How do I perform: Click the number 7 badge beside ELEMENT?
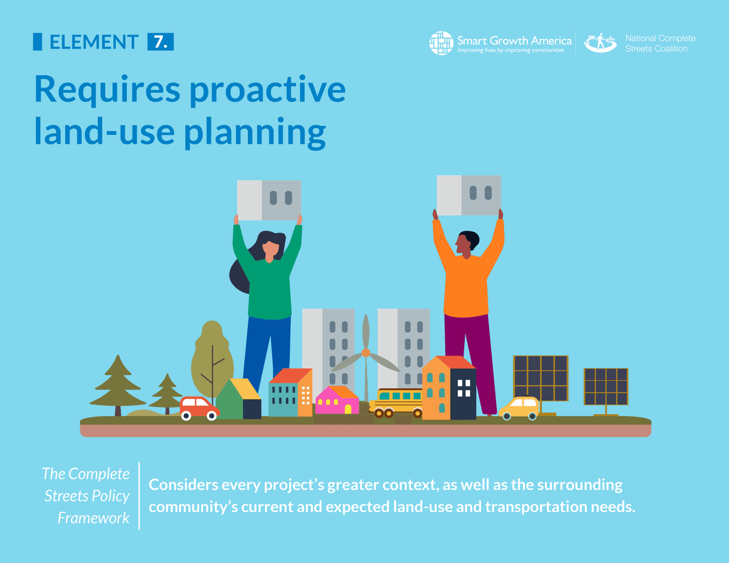[x=160, y=42]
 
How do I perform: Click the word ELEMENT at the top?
[x=94, y=42]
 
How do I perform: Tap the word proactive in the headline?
[x=267, y=89]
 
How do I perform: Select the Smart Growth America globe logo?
[x=441, y=43]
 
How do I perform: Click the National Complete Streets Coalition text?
[x=660, y=43]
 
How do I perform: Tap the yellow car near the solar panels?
[x=520, y=407]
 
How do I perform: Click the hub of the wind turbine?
[x=366, y=352]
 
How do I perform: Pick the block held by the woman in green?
[x=269, y=200]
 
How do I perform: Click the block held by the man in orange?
[x=469, y=195]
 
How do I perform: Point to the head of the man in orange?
[x=467, y=243]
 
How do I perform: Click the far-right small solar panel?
[x=606, y=387]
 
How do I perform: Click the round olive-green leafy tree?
[x=212, y=355]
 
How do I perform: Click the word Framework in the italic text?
[x=94, y=517]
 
